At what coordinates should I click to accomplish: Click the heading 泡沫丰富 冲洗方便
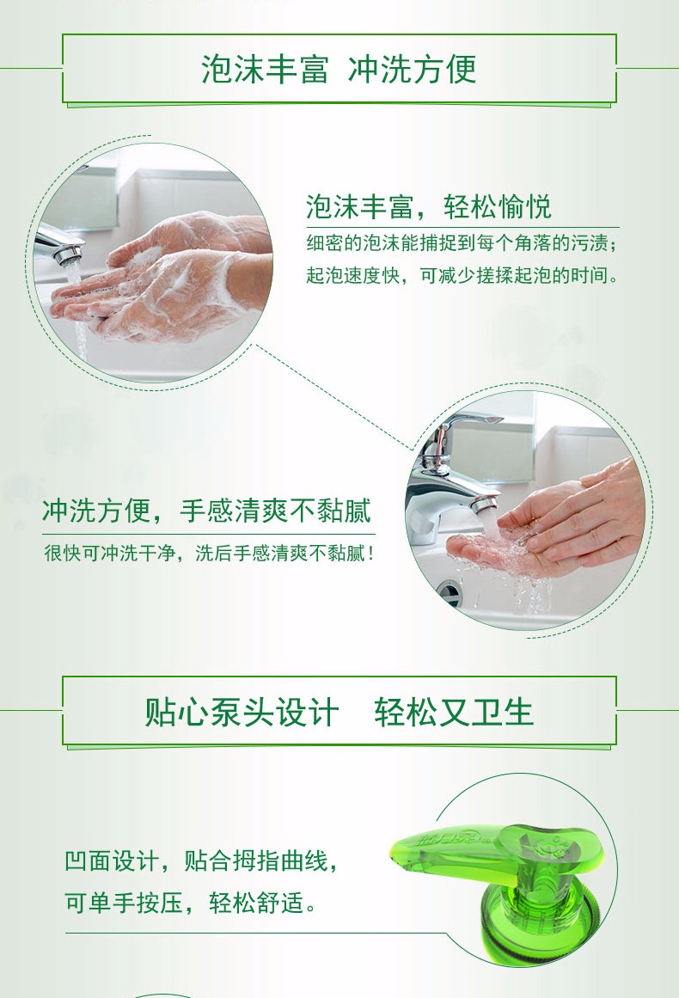click(x=339, y=69)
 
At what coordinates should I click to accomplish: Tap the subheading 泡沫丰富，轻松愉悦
click(x=428, y=206)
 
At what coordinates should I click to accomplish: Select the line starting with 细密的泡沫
click(x=462, y=243)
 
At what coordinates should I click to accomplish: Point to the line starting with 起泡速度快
click(x=462, y=276)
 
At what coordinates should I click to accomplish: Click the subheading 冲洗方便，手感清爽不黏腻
click(x=207, y=511)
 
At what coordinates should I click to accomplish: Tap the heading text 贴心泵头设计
click(x=242, y=713)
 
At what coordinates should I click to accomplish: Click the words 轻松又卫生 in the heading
click(x=453, y=713)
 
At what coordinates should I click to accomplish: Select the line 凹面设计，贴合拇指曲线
click(x=201, y=861)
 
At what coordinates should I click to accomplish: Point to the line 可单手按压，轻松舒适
click(x=190, y=902)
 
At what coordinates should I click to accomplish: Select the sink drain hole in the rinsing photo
click(x=450, y=593)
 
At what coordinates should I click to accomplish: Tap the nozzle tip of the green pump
click(x=397, y=849)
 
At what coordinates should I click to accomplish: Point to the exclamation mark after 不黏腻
click(x=370, y=553)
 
